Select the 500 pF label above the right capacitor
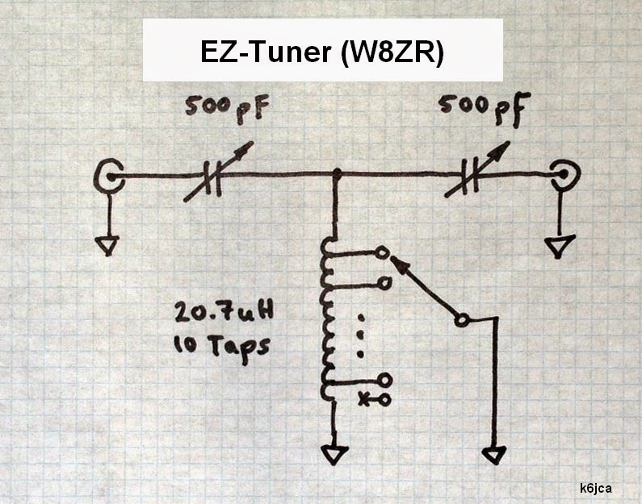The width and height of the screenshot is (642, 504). coord(475,106)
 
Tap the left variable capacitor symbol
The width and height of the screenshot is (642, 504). coord(213,173)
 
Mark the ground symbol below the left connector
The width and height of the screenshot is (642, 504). coord(107,244)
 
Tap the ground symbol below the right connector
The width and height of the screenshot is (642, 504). coord(558,245)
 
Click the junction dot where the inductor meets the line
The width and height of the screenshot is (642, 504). coord(337,173)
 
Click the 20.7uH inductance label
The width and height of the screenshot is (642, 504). coord(208,313)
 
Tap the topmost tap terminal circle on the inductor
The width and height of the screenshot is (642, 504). coord(383,253)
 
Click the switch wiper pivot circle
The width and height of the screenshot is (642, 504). coord(461,320)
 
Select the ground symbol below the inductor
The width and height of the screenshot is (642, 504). coord(332,455)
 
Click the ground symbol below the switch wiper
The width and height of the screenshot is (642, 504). coord(492,454)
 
